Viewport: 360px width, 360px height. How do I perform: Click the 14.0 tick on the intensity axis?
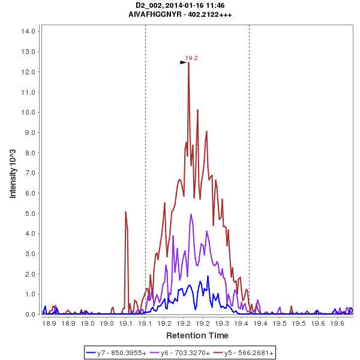31,31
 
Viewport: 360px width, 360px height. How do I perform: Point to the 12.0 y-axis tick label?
31,72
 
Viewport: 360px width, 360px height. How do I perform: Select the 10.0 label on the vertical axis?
31,112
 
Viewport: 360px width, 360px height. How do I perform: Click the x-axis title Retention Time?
197,335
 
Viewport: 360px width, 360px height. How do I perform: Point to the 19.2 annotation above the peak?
191,58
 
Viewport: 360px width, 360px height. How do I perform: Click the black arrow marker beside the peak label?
184,62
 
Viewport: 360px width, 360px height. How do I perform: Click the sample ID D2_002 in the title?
149,5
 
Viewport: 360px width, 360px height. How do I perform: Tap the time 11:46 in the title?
214,5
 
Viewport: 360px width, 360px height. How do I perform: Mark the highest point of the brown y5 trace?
188,62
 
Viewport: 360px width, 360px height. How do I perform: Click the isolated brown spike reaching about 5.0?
125,212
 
